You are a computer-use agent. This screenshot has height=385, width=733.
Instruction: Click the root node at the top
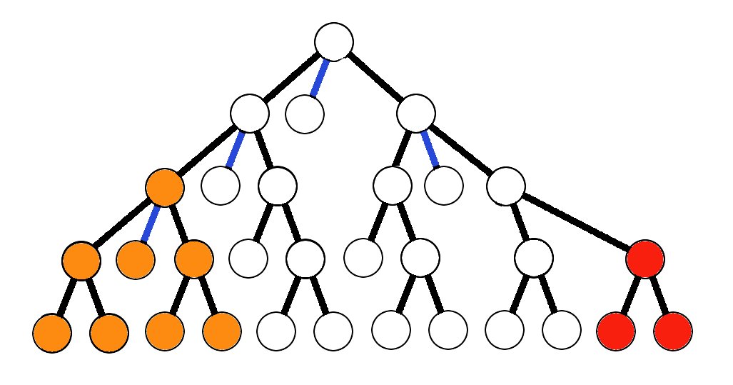pyautogui.click(x=334, y=41)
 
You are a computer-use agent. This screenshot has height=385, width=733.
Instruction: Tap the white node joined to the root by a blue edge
pyautogui.click(x=305, y=114)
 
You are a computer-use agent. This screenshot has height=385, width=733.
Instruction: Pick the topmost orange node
pyautogui.click(x=165, y=187)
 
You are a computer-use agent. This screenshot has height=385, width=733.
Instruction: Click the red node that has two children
pyautogui.click(x=645, y=259)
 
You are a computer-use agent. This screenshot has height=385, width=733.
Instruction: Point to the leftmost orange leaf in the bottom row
pyautogui.click(x=52, y=333)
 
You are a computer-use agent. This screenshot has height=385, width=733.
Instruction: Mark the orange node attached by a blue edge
pyautogui.click(x=136, y=260)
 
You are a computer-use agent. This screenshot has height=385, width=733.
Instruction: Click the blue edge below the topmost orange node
pyautogui.click(x=150, y=224)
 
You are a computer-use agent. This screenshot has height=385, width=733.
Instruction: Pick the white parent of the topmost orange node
pyautogui.click(x=250, y=113)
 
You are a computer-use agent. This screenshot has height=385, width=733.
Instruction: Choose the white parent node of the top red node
pyautogui.click(x=505, y=186)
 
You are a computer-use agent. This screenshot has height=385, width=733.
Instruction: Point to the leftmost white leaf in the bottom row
pyautogui.click(x=276, y=331)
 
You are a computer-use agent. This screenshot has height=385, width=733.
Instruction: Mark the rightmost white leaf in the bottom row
pyautogui.click(x=561, y=331)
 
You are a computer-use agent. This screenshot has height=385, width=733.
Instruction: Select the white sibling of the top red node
pyautogui.click(x=534, y=258)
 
